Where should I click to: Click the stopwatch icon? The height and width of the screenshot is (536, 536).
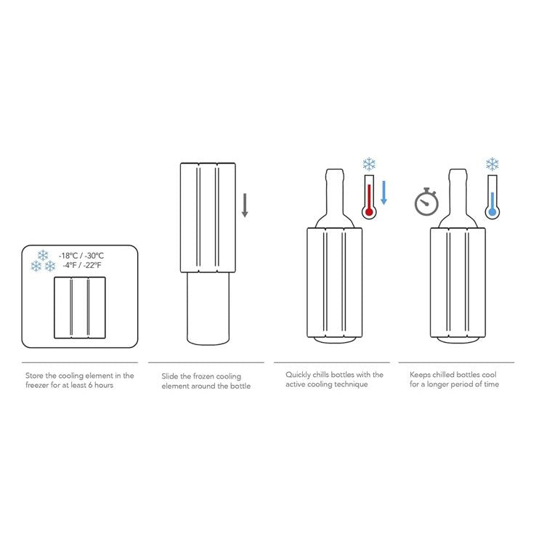click(x=426, y=202)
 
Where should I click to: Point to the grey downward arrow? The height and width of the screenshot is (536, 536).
click(x=245, y=206)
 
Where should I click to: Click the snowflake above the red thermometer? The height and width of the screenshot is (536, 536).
click(x=369, y=163)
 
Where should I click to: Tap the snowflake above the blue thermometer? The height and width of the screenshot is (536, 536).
click(x=492, y=163)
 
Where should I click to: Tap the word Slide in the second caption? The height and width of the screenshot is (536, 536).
click(x=169, y=376)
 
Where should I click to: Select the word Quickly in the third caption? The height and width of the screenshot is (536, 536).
click(x=299, y=375)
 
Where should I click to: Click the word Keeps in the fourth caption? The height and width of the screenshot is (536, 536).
click(x=421, y=375)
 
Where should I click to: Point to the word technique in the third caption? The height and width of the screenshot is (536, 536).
click(x=352, y=384)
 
